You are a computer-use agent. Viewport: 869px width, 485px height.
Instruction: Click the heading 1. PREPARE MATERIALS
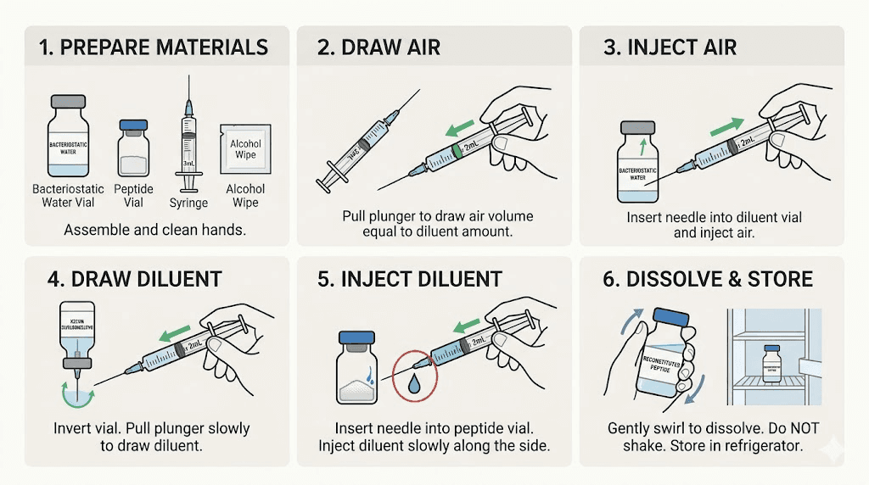pos(154,47)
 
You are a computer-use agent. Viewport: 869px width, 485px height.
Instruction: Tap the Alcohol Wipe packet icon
pos(247,150)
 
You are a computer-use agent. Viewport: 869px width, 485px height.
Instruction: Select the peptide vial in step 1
pos(132,148)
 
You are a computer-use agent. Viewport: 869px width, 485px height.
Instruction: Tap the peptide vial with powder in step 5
pos(358,372)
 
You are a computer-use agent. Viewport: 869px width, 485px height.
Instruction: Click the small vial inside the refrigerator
pos(771,360)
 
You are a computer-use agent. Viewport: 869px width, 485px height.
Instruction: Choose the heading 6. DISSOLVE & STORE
pos(708,279)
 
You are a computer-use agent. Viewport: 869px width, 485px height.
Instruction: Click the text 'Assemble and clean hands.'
pos(154,230)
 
